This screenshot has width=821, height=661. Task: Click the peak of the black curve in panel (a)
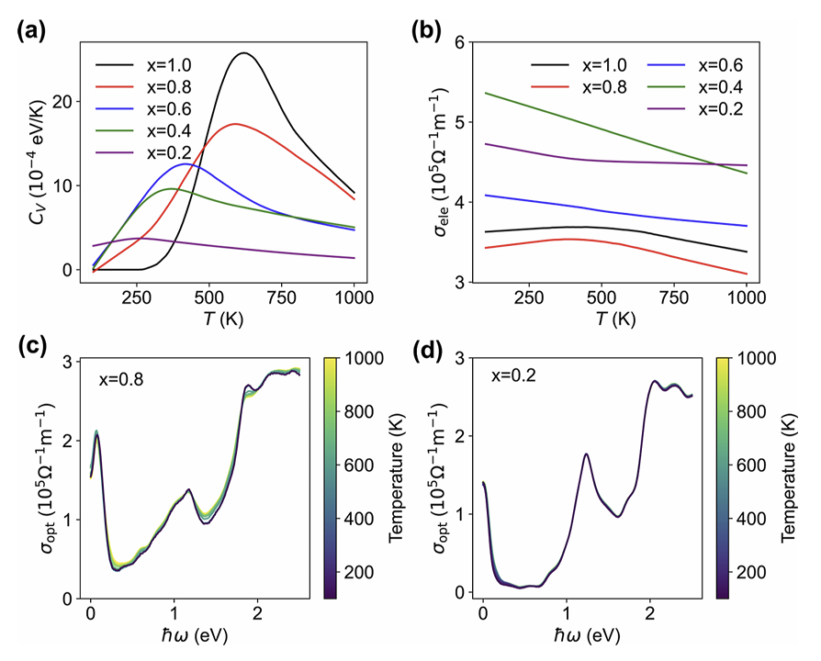[x=243, y=52]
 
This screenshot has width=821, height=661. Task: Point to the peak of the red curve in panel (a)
[x=235, y=123]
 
